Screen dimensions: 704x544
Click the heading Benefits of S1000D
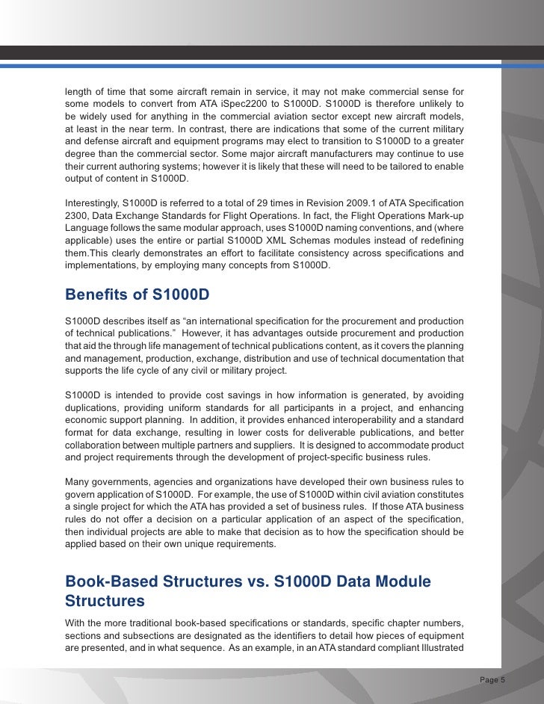137,294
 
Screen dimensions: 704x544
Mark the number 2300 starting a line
76,215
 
